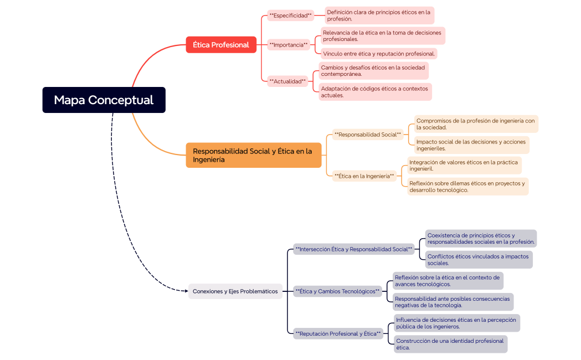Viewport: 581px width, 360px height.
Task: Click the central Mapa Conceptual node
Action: tap(104, 100)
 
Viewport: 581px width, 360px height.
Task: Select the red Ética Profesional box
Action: tap(221, 45)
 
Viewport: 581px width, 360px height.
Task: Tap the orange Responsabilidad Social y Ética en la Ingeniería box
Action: tap(253, 155)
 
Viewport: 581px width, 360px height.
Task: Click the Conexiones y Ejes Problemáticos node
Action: tap(235, 291)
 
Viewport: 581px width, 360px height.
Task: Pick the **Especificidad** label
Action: tap(290, 16)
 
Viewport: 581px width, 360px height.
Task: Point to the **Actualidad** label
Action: tap(287, 81)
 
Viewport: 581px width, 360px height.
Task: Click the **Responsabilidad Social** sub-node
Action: tap(368, 135)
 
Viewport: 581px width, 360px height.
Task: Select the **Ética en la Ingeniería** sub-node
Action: tap(364, 176)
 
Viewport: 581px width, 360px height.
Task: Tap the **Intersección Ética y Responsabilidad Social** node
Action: tap(354, 249)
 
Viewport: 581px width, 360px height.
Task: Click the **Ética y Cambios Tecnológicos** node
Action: tap(337, 291)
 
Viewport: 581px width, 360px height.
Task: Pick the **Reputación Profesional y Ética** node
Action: tap(338, 334)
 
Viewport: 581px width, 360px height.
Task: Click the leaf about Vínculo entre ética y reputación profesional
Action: tap(379, 54)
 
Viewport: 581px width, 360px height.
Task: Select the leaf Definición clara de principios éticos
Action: tap(379, 15)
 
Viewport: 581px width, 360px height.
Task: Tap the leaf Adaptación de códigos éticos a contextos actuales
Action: tap(375, 91)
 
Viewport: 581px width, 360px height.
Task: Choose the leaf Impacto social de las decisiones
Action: tap(471, 145)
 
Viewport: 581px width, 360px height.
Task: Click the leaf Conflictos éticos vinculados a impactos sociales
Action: tap(479, 260)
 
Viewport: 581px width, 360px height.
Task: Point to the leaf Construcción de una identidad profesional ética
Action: tap(450, 344)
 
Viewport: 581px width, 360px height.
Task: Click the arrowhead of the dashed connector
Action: tap(186, 291)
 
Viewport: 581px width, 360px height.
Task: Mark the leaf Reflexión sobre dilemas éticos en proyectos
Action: tap(467, 187)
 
